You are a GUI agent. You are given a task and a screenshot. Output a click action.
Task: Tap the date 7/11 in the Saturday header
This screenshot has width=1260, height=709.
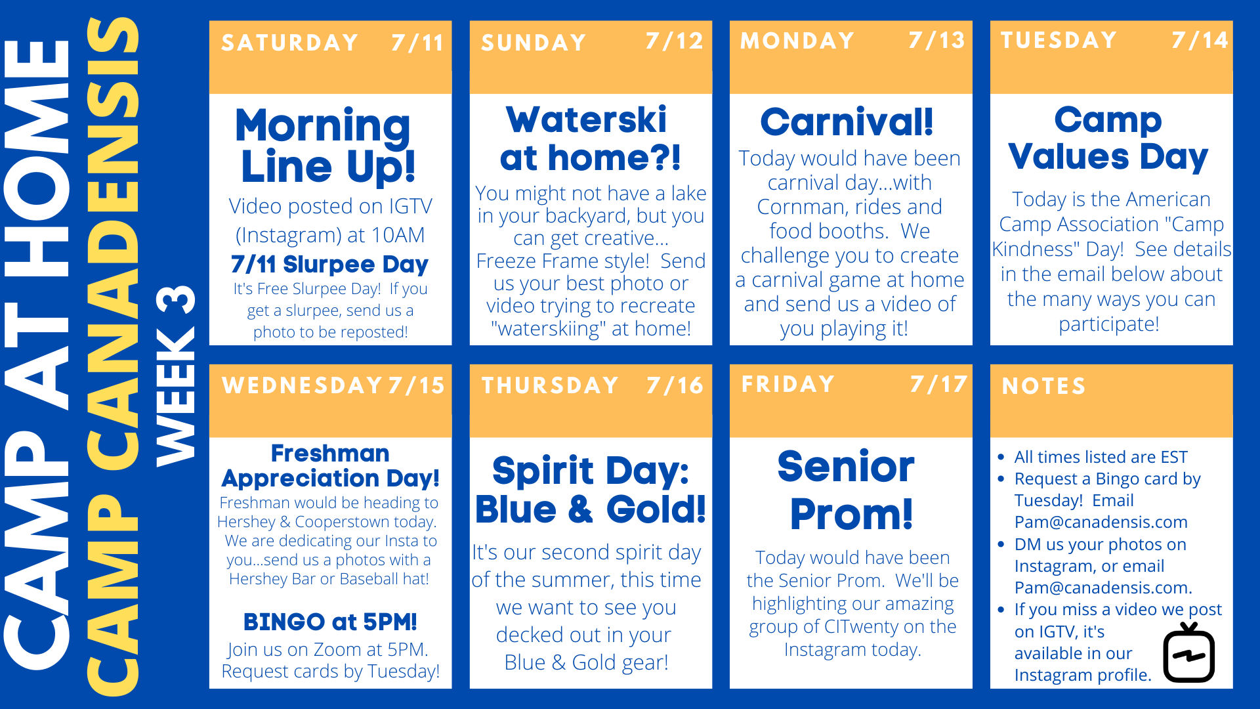tap(417, 43)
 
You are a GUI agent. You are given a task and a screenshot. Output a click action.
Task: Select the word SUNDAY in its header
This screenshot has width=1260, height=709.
tap(534, 43)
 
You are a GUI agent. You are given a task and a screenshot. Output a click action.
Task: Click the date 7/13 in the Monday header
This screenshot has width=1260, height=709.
tap(936, 41)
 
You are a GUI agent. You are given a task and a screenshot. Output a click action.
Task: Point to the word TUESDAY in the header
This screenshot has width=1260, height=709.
tap(1059, 40)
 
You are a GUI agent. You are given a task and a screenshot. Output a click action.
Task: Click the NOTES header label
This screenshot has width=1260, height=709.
tap(1043, 386)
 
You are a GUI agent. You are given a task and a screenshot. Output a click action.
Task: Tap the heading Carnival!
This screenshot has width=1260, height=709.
tap(847, 121)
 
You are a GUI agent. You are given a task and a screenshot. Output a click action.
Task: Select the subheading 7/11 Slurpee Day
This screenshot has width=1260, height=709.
tap(329, 265)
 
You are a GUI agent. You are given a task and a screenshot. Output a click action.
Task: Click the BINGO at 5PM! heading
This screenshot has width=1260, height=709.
tap(330, 622)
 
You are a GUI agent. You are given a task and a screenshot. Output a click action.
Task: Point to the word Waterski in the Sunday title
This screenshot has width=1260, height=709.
tap(586, 119)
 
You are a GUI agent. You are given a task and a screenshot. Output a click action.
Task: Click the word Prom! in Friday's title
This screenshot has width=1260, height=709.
tap(851, 514)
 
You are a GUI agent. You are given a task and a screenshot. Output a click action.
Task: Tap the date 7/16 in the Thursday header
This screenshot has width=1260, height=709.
tap(675, 385)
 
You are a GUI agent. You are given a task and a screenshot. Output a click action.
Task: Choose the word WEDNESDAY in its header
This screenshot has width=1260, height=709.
tap(303, 385)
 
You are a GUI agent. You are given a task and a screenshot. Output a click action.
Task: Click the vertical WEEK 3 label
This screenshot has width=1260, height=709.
tap(176, 376)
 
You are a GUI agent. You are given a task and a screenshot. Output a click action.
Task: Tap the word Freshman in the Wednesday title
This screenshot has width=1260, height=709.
tap(330, 453)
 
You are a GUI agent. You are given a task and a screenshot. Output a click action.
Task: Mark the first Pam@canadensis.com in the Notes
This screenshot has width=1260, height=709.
tap(1101, 522)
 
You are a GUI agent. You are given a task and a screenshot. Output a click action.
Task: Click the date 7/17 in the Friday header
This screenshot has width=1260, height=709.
tap(938, 384)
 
